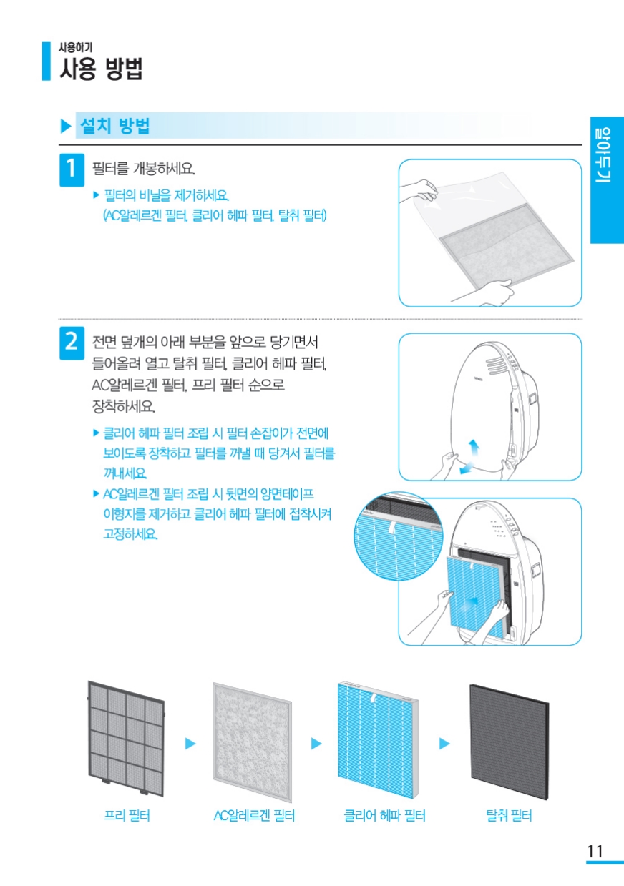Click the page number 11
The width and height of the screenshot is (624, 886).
click(595, 851)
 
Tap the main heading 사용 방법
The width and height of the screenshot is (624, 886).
click(101, 69)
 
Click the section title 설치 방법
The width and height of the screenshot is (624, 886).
click(114, 126)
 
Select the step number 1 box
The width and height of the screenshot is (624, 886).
click(72, 169)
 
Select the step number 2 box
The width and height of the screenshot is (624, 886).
click(72, 343)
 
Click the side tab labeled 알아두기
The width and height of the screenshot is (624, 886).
click(607, 180)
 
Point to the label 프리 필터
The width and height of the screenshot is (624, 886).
click(127, 815)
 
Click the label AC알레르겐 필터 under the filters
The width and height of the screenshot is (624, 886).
click(254, 815)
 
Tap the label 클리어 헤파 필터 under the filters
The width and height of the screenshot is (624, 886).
click(384, 815)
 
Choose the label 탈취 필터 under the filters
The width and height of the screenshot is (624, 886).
click(509, 815)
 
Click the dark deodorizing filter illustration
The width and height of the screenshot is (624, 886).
click(510, 742)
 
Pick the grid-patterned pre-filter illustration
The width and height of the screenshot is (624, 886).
click(126, 738)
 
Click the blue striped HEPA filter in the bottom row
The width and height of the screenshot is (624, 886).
click(378, 740)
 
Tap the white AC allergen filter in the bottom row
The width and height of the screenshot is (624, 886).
click(252, 742)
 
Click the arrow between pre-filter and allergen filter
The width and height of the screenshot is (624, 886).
click(190, 744)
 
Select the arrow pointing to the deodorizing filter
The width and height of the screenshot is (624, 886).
click(444, 744)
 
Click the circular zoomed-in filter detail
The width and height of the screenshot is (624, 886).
click(399, 536)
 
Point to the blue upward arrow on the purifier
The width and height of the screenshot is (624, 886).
click(474, 448)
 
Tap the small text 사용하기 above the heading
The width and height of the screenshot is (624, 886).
click(76, 47)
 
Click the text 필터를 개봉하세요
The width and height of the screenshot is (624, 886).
click(143, 169)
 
